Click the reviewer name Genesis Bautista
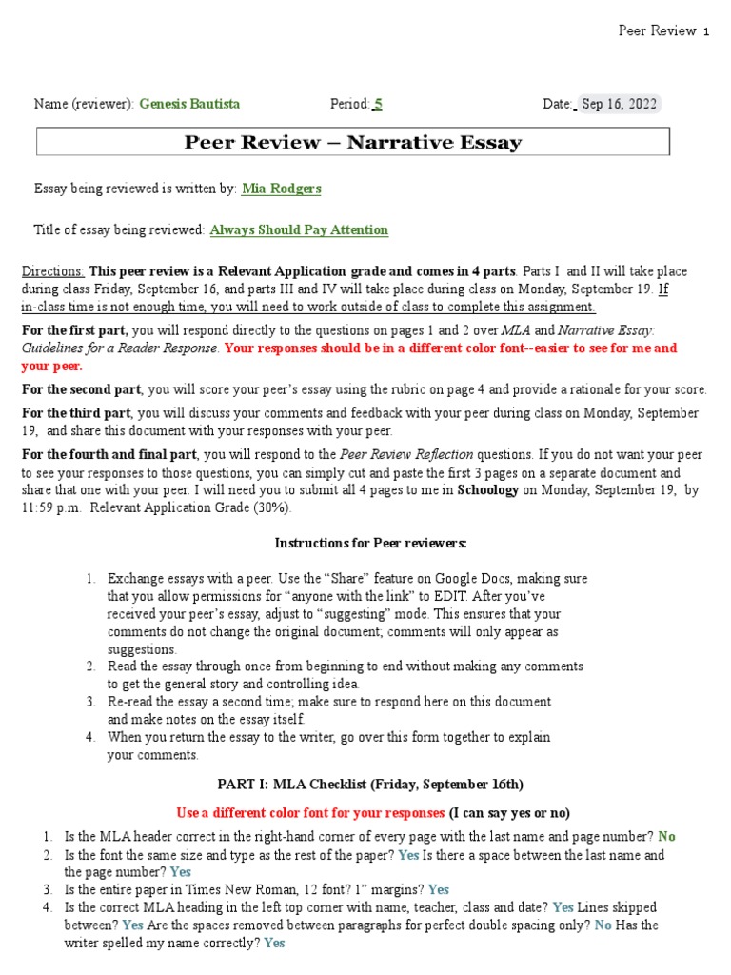(189, 104)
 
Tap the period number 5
(378, 104)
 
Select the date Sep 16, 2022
(619, 104)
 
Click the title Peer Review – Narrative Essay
(352, 143)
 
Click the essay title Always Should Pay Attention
(299, 229)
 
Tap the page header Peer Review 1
(663, 30)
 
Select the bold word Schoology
(490, 490)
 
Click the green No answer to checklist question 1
(666, 836)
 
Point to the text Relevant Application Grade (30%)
(204, 507)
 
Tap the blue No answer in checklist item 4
(603, 925)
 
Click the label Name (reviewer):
(84, 104)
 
